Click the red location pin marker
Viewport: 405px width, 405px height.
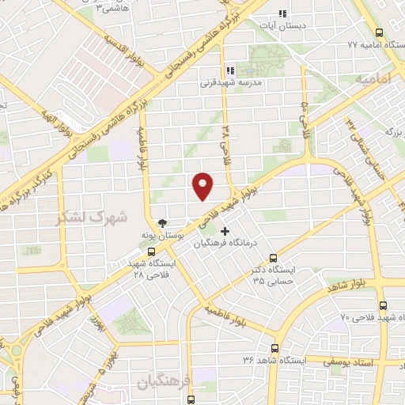tap(203, 186)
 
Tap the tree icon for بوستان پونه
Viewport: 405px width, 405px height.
tap(161, 223)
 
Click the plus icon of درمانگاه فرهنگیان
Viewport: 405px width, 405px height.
tap(226, 232)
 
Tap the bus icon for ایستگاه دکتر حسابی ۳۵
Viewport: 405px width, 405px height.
tap(274, 258)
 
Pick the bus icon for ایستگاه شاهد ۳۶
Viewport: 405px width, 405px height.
tap(275, 348)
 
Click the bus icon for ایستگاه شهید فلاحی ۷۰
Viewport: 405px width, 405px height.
tap(383, 305)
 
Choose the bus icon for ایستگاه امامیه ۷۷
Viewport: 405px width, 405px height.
tap(380, 34)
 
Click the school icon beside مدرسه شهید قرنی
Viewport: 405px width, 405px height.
tap(229, 70)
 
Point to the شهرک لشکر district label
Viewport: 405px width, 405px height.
tap(91, 216)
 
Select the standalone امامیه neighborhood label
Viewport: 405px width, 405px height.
tap(373, 80)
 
